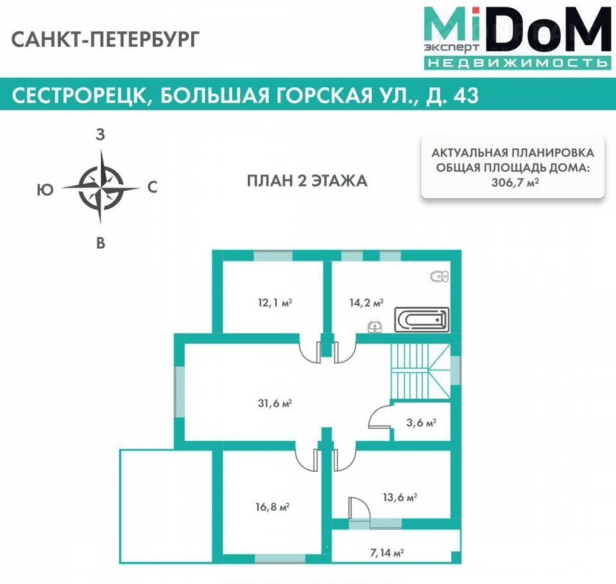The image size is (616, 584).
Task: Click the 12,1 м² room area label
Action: (x=275, y=303)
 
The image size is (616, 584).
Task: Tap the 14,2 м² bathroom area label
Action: (x=366, y=303)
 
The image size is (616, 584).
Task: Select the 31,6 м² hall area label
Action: (x=275, y=403)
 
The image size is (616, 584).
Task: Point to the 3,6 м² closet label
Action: (x=421, y=423)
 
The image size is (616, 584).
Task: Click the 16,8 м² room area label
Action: (x=273, y=507)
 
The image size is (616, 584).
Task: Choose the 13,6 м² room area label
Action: (x=400, y=497)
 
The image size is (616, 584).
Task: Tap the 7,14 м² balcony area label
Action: (x=388, y=553)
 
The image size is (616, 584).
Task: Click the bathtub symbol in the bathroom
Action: (x=422, y=320)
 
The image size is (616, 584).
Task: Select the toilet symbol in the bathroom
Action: (x=440, y=277)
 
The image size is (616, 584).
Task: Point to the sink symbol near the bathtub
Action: (x=375, y=327)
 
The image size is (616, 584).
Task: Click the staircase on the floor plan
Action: (x=420, y=372)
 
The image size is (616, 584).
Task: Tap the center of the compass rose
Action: (x=101, y=188)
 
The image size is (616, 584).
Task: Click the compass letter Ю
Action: (x=45, y=190)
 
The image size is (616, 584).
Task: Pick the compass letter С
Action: (x=153, y=187)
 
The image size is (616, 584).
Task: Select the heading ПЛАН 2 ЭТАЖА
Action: (x=307, y=181)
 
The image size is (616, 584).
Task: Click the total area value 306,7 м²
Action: (x=515, y=182)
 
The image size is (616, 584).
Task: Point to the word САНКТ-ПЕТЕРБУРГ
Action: (x=106, y=39)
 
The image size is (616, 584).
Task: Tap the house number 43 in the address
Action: (x=466, y=95)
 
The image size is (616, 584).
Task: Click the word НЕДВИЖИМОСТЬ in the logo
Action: (x=517, y=62)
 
